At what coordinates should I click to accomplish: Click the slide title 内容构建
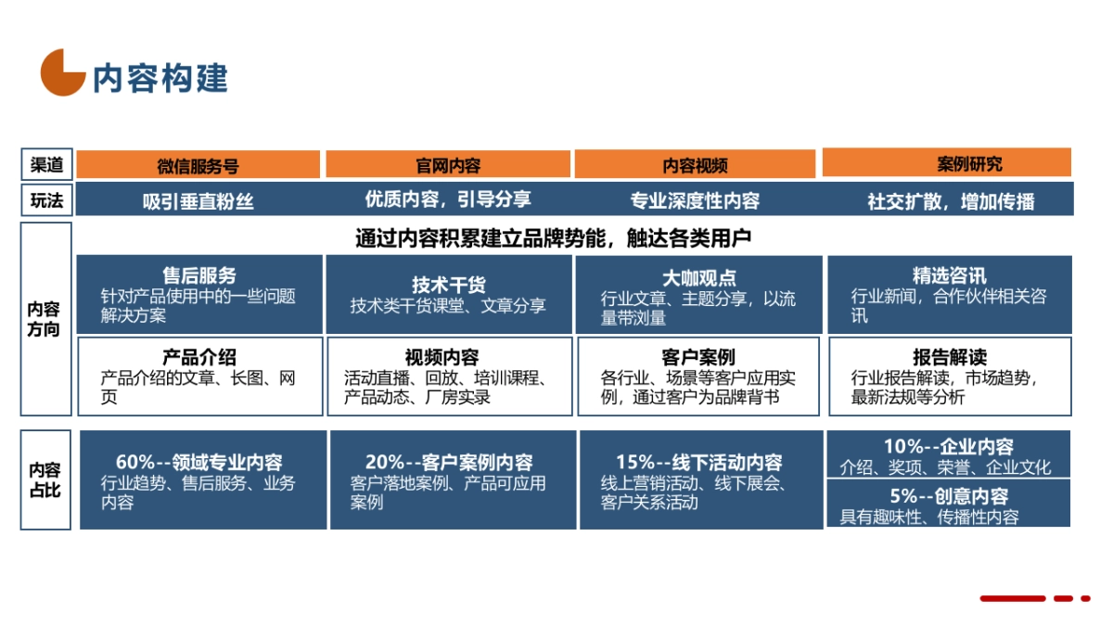click(x=160, y=78)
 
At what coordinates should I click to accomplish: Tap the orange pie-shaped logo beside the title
click(x=62, y=72)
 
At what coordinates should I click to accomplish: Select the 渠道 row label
click(x=46, y=165)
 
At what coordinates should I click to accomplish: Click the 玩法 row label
click(x=46, y=200)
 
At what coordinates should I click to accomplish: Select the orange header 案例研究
click(x=946, y=164)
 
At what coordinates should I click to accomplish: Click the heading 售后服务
click(x=199, y=275)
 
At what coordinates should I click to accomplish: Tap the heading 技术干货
click(x=449, y=285)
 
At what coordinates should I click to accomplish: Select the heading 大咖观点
click(x=698, y=277)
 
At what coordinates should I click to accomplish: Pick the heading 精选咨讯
click(x=949, y=275)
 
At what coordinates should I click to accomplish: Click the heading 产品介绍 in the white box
click(x=199, y=357)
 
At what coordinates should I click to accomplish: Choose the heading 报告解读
click(x=949, y=357)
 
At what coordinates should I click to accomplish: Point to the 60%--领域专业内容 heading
click(x=199, y=462)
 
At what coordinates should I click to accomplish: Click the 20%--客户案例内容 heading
click(x=449, y=462)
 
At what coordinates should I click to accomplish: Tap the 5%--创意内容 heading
click(x=949, y=496)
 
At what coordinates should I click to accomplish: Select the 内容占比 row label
click(x=45, y=479)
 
